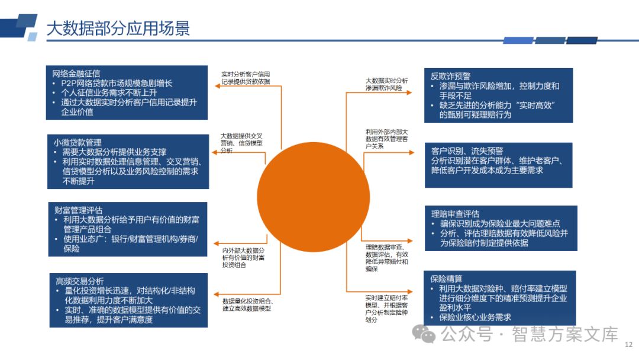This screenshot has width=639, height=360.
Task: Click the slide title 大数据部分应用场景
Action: tap(118, 28)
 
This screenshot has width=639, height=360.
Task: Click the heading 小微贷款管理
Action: tap(77, 143)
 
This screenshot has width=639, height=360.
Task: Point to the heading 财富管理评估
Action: tap(78, 210)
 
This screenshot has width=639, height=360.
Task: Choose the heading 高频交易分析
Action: tap(79, 281)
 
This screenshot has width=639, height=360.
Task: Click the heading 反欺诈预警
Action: tap(451, 76)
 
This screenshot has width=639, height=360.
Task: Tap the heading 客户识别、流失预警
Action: tap(467, 151)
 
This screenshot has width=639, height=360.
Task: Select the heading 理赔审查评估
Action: tap(456, 214)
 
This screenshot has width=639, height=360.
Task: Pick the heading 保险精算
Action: tap(447, 279)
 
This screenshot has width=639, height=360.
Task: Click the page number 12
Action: tap(628, 344)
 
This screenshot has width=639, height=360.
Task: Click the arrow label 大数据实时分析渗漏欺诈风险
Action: tap(386, 83)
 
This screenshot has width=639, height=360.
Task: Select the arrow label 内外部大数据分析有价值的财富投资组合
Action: tap(244, 258)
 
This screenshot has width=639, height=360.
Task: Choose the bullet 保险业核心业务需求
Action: tap(475, 317)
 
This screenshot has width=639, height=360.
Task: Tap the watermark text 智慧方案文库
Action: tap(564, 335)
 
